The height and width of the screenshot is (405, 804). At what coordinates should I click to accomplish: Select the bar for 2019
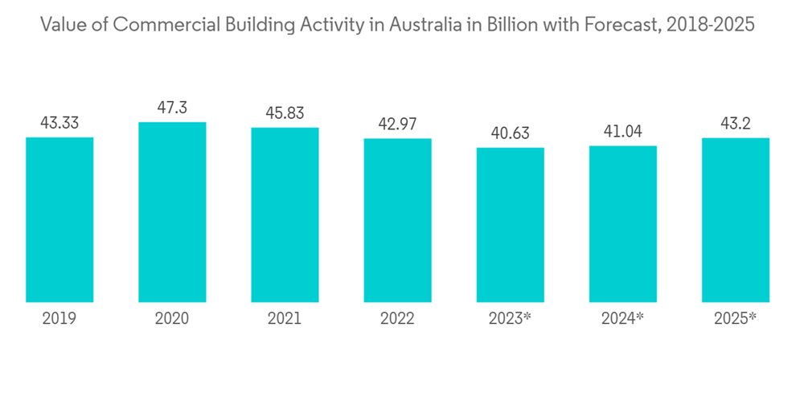tap(59, 219)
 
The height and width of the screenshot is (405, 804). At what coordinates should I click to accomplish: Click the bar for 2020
tap(172, 212)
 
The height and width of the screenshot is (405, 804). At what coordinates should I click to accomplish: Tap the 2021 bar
tap(285, 215)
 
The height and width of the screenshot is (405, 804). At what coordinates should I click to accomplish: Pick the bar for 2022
tap(397, 220)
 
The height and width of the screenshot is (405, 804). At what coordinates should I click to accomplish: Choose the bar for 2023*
tap(510, 225)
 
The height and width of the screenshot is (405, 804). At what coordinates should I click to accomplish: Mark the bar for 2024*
tap(622, 224)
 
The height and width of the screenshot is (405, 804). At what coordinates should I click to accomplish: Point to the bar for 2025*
tap(735, 220)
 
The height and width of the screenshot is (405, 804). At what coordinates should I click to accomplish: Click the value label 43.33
tap(59, 123)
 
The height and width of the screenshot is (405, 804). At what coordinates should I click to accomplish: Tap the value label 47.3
tap(172, 107)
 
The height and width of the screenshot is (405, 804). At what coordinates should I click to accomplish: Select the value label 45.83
tap(285, 113)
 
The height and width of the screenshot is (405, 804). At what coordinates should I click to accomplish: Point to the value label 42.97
tap(397, 125)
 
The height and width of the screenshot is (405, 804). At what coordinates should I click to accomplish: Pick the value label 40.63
tap(510, 133)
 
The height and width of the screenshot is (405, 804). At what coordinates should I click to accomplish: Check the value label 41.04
tap(622, 132)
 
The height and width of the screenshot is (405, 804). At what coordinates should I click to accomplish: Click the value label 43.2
tap(735, 124)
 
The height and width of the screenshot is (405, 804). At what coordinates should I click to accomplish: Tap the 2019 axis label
tap(59, 319)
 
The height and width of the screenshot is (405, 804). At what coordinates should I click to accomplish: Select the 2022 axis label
tap(397, 319)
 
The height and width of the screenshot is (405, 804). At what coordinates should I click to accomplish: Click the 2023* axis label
tap(510, 319)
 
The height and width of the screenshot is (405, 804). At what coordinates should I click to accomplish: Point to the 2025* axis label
tap(735, 319)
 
